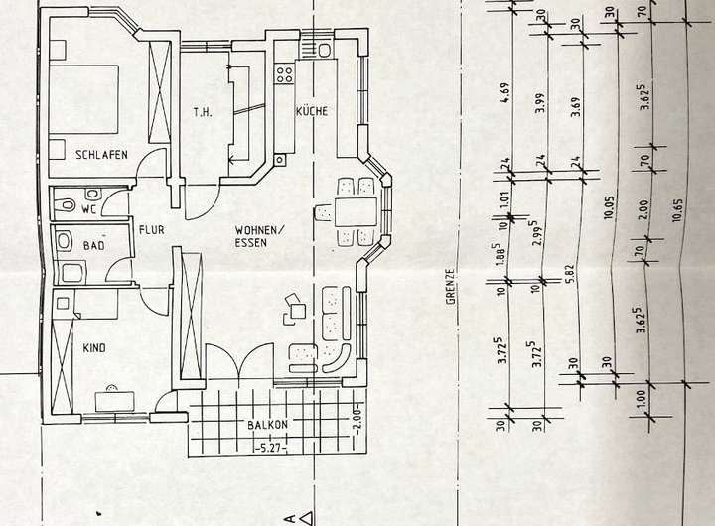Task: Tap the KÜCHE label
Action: click(311, 112)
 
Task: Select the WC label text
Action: click(88, 209)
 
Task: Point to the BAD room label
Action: click(94, 244)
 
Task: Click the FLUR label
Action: click(151, 229)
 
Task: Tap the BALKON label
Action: click(268, 425)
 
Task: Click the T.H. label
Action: click(203, 112)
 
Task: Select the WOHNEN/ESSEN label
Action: click(259, 235)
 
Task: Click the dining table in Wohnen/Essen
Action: click(355, 211)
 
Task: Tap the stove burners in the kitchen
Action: click(285, 72)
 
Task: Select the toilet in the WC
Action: click(66, 205)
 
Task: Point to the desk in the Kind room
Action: click(114, 400)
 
